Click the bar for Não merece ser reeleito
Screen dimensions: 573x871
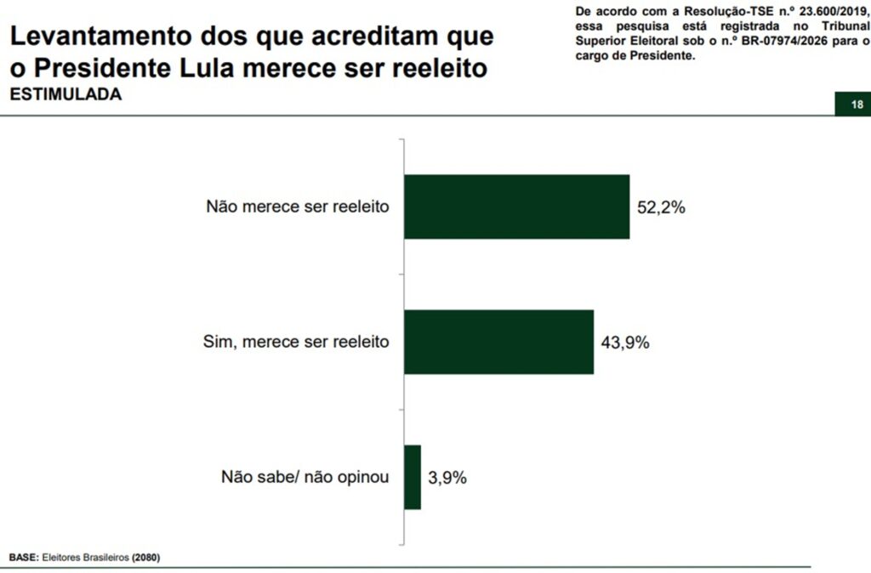tap(516, 207)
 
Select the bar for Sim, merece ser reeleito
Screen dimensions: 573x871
tap(498, 342)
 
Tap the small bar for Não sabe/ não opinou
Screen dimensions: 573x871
tap(413, 477)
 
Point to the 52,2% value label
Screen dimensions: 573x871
tap(661, 207)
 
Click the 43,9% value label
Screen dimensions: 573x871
tap(625, 343)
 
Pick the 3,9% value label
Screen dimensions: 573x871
tap(448, 478)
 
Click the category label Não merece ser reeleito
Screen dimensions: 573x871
tap(298, 207)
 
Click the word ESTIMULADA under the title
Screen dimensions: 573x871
tap(65, 95)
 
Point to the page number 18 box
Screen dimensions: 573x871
tap(856, 105)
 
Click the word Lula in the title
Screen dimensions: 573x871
tap(239, 68)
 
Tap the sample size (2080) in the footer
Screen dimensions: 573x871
tap(145, 558)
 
